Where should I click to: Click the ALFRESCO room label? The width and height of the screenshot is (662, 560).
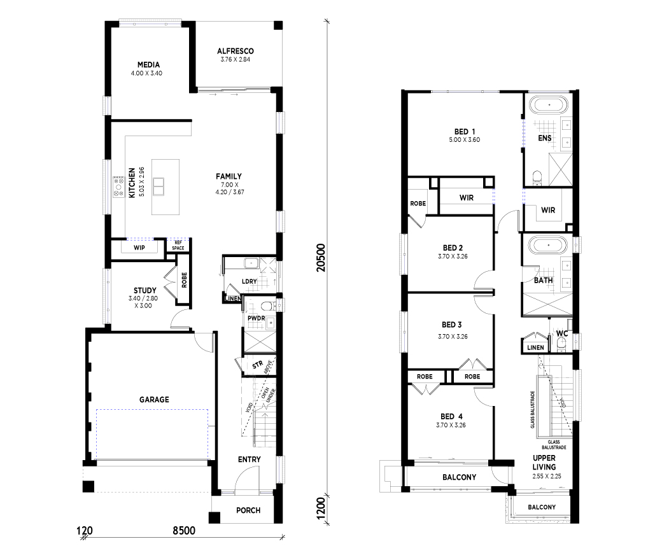tap(236, 51)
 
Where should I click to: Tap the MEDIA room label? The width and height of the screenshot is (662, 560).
tap(148, 64)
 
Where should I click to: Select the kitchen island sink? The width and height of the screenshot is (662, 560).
tap(158, 186)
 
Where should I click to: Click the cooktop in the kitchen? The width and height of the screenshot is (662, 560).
tap(118, 187)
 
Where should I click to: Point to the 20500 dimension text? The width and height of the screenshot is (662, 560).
tap(321, 258)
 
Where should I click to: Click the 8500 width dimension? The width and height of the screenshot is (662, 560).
tap(184, 531)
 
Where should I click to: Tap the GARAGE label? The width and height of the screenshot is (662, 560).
tap(154, 399)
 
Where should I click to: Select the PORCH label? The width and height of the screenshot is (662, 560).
tap(248, 510)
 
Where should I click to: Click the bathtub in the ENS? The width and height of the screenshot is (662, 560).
tap(549, 104)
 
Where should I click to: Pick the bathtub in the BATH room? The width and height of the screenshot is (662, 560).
tap(549, 245)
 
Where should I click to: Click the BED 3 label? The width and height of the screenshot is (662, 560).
tap(452, 325)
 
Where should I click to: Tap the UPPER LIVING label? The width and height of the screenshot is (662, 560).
tap(544, 463)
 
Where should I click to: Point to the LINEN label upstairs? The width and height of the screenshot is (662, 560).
tap(535, 347)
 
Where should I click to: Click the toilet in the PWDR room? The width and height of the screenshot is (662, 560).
tap(267, 305)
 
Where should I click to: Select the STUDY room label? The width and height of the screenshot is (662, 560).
tap(145, 290)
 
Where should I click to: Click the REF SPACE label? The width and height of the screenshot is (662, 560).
tap(178, 245)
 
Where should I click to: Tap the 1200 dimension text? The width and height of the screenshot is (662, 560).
tap(321, 509)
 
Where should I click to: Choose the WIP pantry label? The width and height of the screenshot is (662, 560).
tap(139, 248)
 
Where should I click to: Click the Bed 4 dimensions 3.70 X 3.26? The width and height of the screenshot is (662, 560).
tap(451, 425)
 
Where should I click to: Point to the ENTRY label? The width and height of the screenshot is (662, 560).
tap(249, 459)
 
